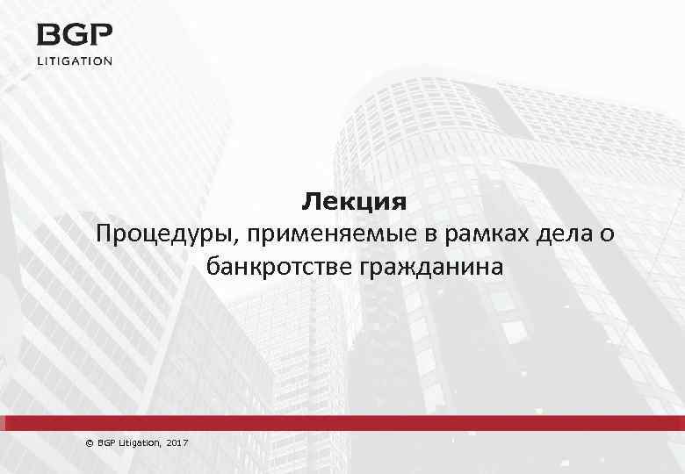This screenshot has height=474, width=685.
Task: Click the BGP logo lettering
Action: pyautogui.click(x=75, y=37)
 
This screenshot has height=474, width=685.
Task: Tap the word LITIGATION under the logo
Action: pyautogui.click(x=75, y=61)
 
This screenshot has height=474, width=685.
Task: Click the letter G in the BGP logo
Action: pyautogui.click(x=75, y=37)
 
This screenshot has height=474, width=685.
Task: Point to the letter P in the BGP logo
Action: pyautogui.click(x=101, y=37)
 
